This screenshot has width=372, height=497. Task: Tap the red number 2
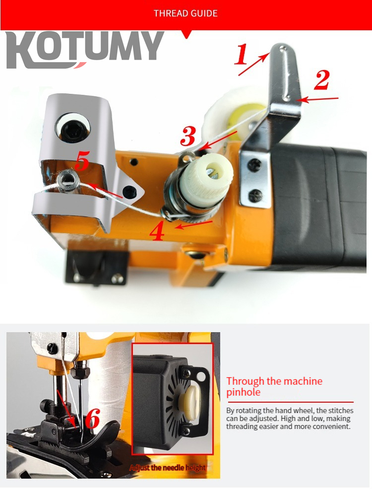[321, 80]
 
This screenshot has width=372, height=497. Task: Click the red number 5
[82, 162]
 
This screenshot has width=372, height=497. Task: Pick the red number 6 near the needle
[92, 420]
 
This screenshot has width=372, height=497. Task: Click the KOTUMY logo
[84, 50]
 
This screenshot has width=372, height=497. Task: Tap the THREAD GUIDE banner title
[186, 13]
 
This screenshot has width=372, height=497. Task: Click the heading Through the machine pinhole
[274, 387]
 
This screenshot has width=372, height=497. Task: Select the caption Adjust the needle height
[168, 468]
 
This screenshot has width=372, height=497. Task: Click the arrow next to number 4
[194, 224]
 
